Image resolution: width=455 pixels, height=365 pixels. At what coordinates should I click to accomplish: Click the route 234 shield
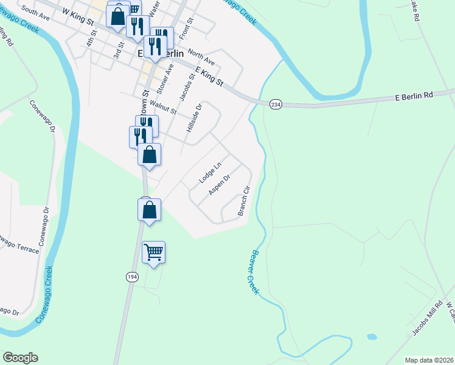[x=276, y=104]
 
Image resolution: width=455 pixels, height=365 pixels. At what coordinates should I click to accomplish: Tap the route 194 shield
[x=132, y=277]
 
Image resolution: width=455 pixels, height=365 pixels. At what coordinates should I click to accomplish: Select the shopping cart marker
[x=153, y=252]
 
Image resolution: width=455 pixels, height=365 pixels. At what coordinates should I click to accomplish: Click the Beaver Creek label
[x=254, y=273]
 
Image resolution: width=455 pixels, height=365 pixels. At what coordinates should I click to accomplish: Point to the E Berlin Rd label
[x=414, y=96]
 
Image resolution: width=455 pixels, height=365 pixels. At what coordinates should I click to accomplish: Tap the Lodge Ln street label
[x=210, y=173]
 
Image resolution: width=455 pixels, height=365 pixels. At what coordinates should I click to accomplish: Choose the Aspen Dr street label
[x=219, y=186]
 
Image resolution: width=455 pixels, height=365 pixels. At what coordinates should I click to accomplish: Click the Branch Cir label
[x=244, y=201]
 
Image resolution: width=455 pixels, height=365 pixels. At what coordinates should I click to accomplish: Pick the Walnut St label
[x=162, y=108]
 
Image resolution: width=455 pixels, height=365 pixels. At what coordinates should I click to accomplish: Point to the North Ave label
[x=201, y=57]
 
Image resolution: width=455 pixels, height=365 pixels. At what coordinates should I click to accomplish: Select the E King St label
[x=209, y=77]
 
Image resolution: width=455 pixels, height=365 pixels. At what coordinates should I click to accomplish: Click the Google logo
[x=20, y=358]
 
